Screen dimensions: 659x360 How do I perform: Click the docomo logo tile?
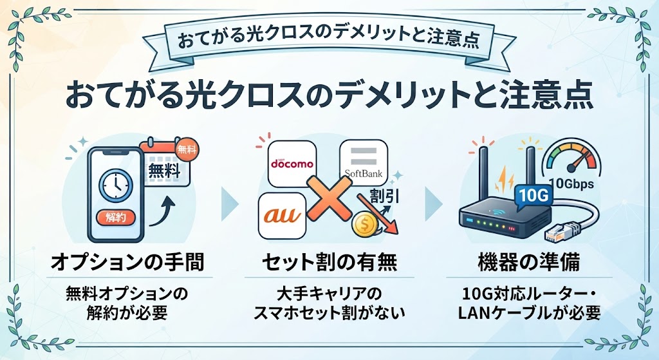point(292,164)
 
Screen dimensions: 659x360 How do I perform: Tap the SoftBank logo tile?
point(364,163)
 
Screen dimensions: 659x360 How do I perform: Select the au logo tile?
point(283,216)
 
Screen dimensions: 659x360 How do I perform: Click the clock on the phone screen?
point(116,185)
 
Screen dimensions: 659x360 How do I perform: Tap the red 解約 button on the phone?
point(116,218)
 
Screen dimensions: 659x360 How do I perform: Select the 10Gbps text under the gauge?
point(571,184)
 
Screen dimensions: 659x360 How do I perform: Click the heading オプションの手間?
point(128,262)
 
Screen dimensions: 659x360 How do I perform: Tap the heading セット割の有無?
point(329,262)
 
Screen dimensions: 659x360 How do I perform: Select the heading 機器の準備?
point(530,262)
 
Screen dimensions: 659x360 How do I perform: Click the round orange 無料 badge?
point(187,149)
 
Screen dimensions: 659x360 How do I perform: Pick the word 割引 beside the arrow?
point(385,196)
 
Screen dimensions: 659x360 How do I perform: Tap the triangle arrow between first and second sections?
point(229,204)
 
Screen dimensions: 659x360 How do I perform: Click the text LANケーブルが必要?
point(529,313)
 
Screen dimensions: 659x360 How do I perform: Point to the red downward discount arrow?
point(378,214)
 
